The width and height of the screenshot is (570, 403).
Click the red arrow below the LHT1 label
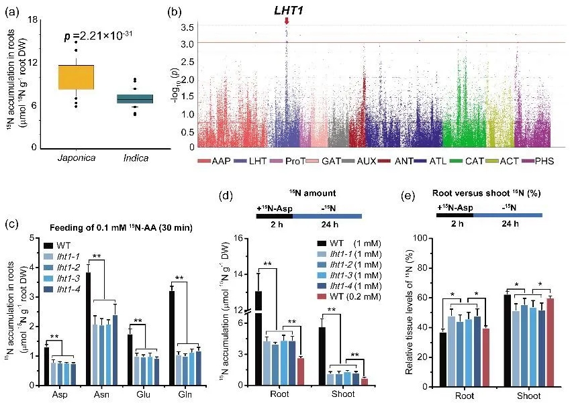[287, 21]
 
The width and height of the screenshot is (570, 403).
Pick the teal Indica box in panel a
[135, 99]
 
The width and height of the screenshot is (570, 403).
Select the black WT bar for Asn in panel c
[88, 329]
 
